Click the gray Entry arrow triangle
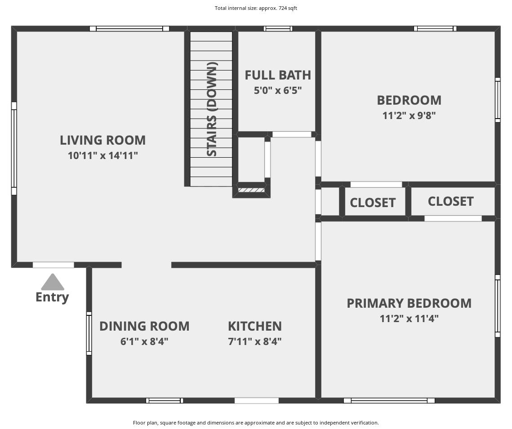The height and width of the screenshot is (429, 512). click(x=53, y=282)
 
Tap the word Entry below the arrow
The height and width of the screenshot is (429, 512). click(x=52, y=297)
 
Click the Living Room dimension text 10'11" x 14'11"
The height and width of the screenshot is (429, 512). click(x=103, y=155)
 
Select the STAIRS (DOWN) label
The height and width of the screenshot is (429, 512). click(x=212, y=109)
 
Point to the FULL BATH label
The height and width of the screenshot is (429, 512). click(x=278, y=75)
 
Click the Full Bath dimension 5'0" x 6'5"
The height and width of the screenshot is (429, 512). click(x=278, y=90)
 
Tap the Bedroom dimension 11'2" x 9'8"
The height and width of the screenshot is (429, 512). click(x=409, y=115)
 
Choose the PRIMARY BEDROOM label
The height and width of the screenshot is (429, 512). click(x=409, y=303)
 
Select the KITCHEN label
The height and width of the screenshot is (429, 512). click(x=255, y=326)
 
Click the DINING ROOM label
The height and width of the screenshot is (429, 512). click(x=144, y=326)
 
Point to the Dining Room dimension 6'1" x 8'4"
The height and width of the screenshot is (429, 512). click(x=144, y=341)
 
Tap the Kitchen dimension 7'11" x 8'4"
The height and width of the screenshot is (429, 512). click(x=255, y=341)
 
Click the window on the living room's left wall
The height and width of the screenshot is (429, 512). click(x=14, y=148)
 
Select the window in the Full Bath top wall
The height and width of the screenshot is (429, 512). click(x=278, y=29)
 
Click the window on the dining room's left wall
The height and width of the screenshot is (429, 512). click(x=89, y=333)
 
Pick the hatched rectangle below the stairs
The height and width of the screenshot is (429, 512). click(x=251, y=190)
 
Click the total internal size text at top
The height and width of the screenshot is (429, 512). click(x=256, y=8)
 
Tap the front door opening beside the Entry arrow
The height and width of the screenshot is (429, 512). click(x=53, y=265)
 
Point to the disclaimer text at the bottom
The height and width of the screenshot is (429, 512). click(x=256, y=423)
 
